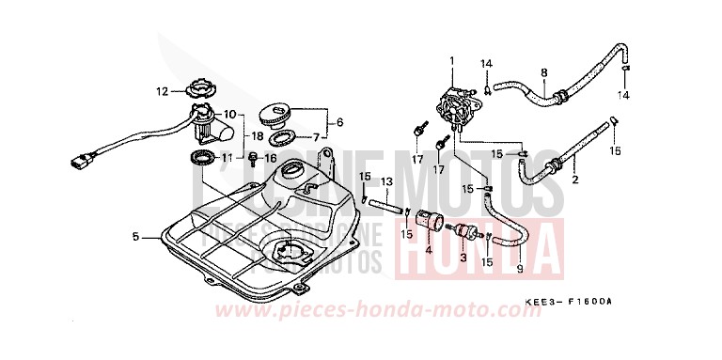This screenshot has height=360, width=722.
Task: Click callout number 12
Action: coord(162,91)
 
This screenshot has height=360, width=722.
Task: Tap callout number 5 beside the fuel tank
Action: coord(136,237)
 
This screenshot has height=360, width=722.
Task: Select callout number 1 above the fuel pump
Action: coord(451,61)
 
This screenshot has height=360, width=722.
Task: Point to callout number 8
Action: coord(543,71)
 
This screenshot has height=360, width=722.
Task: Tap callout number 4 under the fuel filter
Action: coord(428,251)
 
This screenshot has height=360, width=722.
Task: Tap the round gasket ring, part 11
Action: coord(200,155)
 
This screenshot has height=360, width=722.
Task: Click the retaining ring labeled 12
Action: coord(202,91)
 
